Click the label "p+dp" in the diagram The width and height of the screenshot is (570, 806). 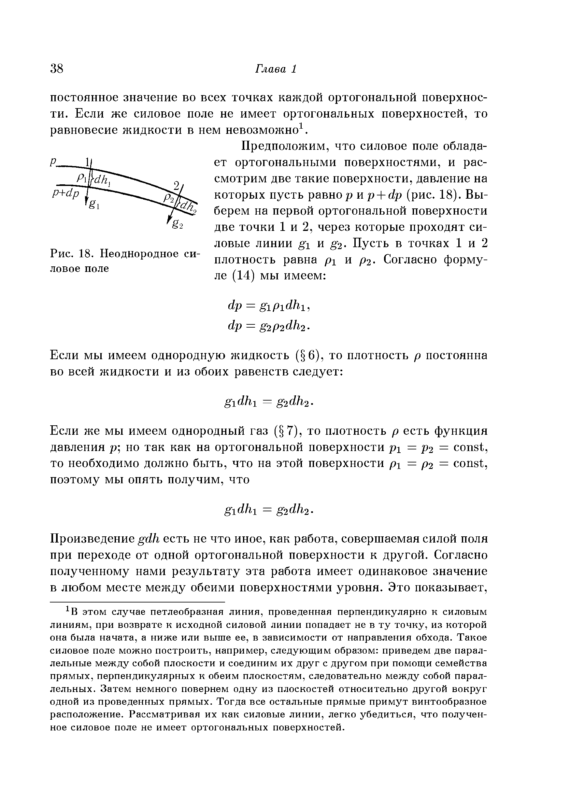(x=66, y=193)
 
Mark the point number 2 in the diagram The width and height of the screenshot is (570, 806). (x=177, y=185)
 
